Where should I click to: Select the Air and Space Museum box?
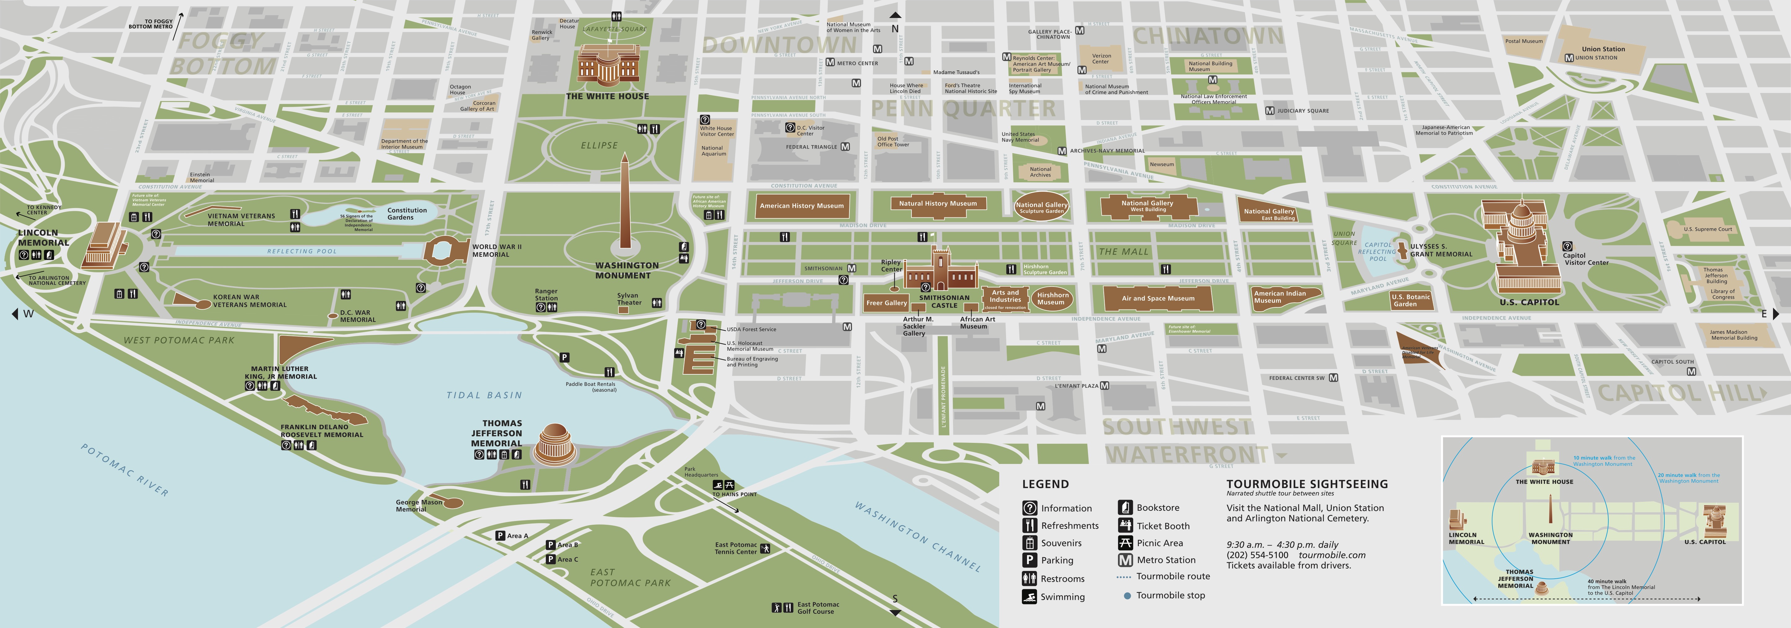(x=1158, y=298)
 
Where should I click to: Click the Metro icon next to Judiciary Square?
(x=1270, y=111)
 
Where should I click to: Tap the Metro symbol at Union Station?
(x=1569, y=58)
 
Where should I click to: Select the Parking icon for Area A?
(x=500, y=536)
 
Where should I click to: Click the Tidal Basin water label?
(x=484, y=395)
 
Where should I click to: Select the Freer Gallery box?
(x=886, y=302)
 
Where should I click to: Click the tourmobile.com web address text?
(x=1331, y=555)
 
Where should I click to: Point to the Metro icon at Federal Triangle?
(x=845, y=147)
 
